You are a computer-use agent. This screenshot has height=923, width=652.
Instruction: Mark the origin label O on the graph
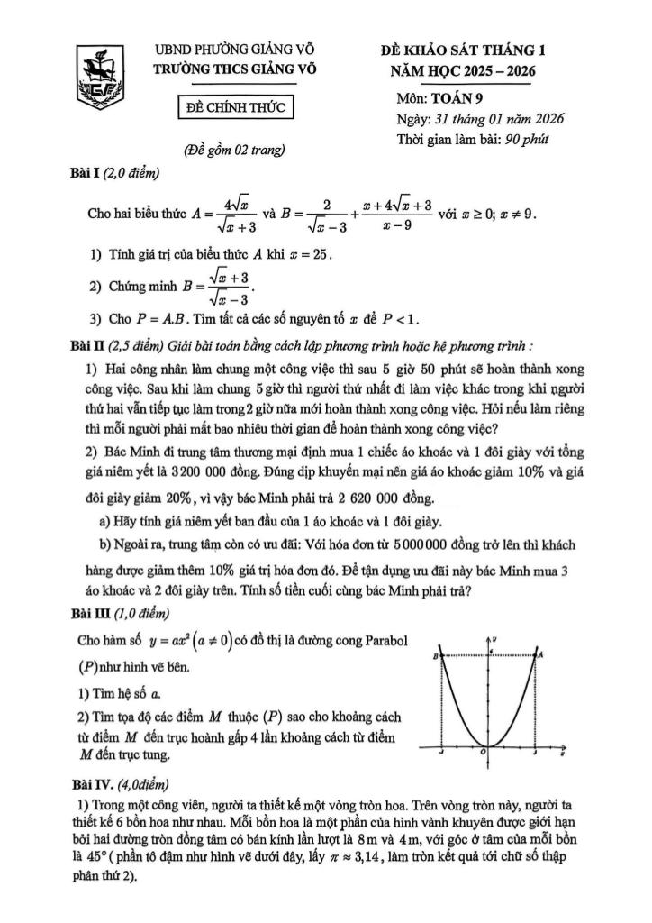[x=483, y=751]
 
